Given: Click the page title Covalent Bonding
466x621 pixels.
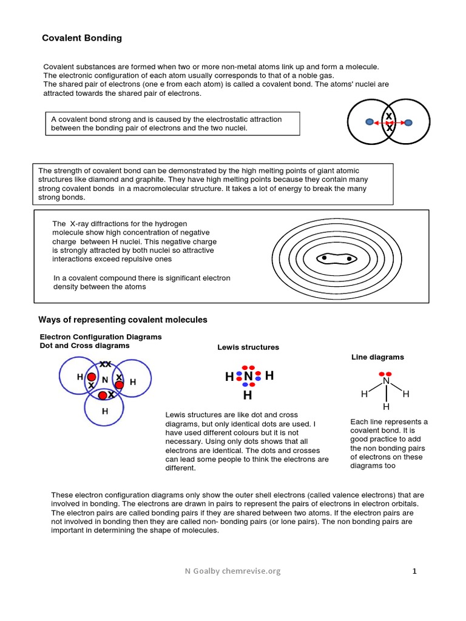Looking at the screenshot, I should click(x=81, y=38).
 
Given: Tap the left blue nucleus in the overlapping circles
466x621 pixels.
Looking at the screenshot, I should click(x=370, y=122).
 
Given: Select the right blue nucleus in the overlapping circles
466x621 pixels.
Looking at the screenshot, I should click(x=408, y=123).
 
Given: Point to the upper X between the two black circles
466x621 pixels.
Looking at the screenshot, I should click(x=389, y=116).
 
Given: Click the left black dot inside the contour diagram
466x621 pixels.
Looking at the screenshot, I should click(x=324, y=258).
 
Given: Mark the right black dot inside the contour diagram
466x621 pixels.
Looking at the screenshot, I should click(x=349, y=259).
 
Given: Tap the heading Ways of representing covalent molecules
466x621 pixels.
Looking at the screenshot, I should click(x=123, y=320).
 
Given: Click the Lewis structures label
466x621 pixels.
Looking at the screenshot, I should click(x=248, y=347).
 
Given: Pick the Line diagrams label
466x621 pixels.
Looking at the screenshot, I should click(x=377, y=357).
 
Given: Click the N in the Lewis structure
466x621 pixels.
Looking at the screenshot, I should click(x=248, y=377).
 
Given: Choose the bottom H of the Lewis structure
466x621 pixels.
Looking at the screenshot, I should click(x=248, y=396).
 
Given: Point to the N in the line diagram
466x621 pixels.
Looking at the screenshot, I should click(x=385, y=381).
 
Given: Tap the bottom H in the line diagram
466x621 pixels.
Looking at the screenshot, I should click(x=385, y=406).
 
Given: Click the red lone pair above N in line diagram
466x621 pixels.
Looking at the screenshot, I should click(x=385, y=374).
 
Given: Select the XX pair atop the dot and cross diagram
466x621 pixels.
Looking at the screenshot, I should click(x=106, y=364).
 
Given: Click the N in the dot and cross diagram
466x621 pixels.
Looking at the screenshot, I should click(x=104, y=380).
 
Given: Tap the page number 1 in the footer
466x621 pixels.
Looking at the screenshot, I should click(x=414, y=571).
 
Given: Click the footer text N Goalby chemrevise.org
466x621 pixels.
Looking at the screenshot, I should click(x=233, y=571).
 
